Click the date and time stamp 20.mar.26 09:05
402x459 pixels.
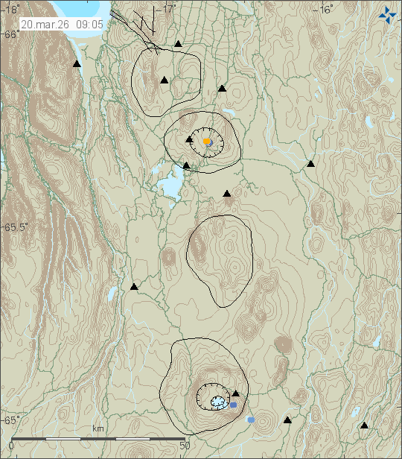[63, 24]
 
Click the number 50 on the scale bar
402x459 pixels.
[185, 445]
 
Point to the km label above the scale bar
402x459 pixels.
[98, 428]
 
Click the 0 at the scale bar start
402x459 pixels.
[10, 445]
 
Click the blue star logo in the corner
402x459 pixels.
[387, 14]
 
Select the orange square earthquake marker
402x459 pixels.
[207, 141]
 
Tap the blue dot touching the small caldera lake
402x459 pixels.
[233, 405]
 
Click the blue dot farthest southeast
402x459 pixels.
[251, 420]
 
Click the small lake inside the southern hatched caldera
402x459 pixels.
[217, 402]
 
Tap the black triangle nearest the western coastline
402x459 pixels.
[77, 65]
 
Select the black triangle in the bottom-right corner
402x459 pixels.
[364, 425]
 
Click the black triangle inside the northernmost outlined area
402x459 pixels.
[164, 80]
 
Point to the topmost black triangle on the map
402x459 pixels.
[178, 44]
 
